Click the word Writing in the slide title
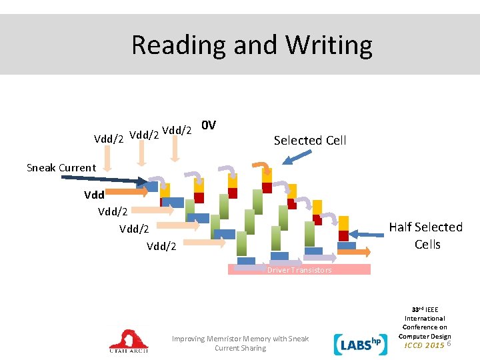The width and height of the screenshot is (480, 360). (329, 45)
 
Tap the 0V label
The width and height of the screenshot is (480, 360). (209, 125)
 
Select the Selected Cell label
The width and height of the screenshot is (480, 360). (310, 141)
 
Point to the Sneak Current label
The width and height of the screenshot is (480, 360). (61, 168)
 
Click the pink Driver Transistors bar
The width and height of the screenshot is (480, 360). (299, 270)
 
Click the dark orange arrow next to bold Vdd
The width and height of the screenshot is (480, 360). (127, 192)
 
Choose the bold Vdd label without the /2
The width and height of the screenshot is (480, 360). (94, 196)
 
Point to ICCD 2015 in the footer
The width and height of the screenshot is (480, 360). (425, 345)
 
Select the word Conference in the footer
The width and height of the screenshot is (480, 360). (425, 327)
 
